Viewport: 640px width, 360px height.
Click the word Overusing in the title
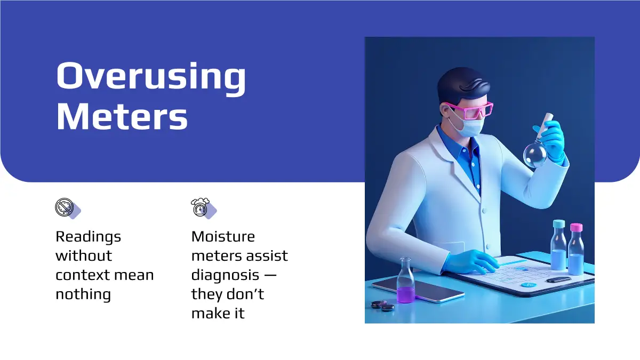coord(151,78)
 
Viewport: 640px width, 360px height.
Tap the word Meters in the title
coord(122,117)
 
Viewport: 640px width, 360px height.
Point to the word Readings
coord(89,237)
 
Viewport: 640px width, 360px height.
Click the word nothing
coord(83,294)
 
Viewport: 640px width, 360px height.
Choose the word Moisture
coord(223,237)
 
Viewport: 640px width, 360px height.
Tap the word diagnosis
coord(226,276)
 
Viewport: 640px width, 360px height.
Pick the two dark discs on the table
coord(383,306)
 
